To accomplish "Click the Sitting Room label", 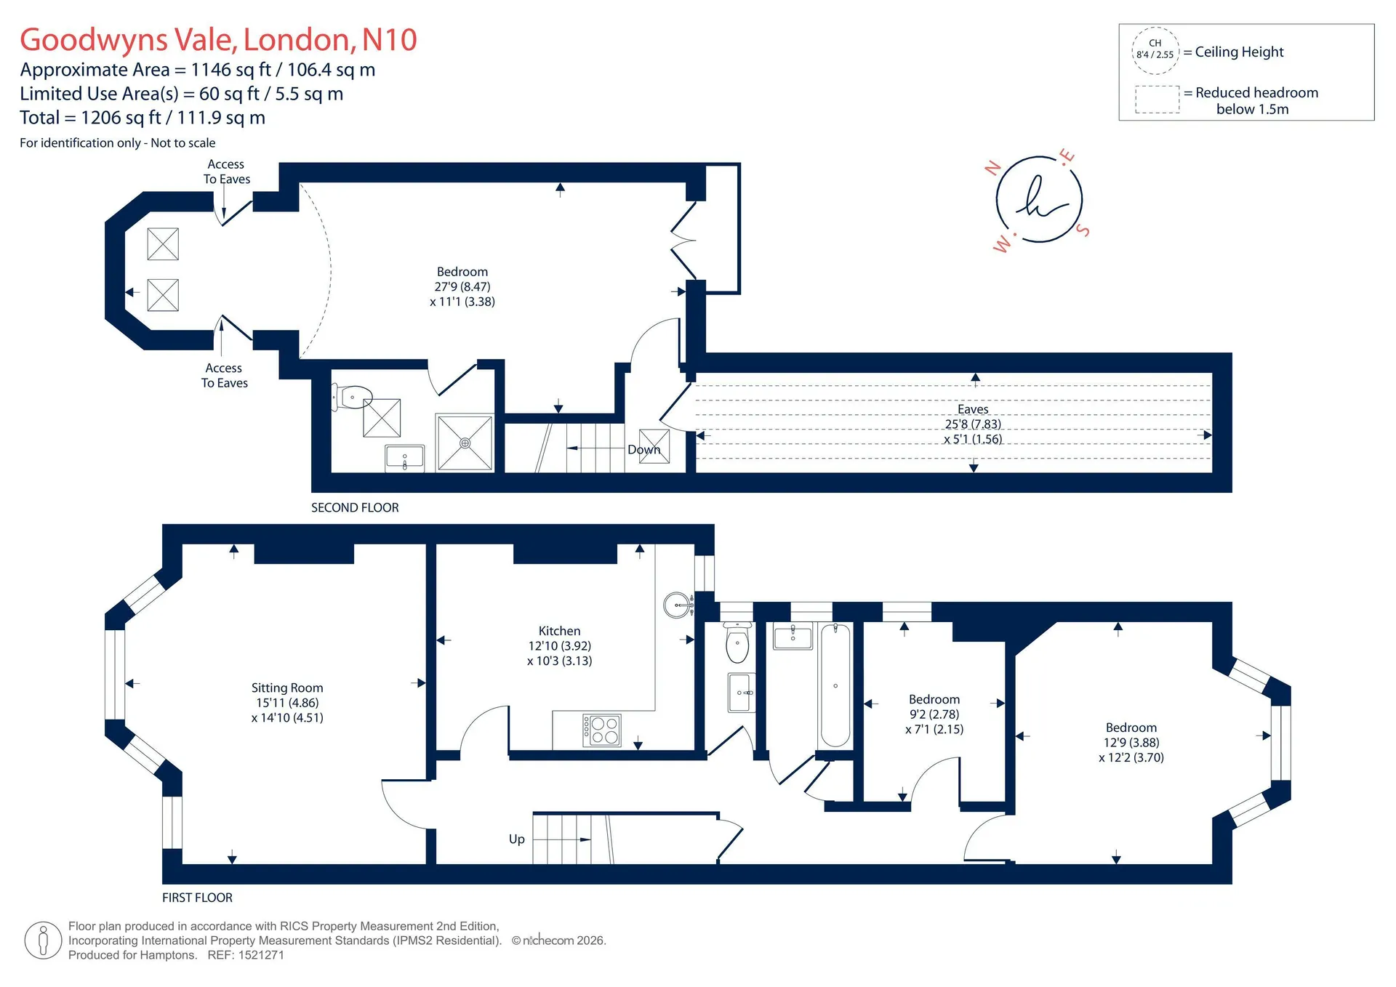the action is [x=287, y=688].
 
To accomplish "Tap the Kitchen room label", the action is [x=559, y=631].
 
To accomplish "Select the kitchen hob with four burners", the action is [x=602, y=730].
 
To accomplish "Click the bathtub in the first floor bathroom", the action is [x=835, y=685].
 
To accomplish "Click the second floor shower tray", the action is [x=465, y=443].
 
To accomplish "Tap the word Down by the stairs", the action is [x=644, y=450].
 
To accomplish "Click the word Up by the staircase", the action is [x=517, y=839].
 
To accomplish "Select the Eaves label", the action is [x=973, y=409].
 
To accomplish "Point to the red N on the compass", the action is [x=993, y=169].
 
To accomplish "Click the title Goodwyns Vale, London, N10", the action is [x=218, y=39].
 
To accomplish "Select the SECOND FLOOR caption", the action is [x=355, y=507].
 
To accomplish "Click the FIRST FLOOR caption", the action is [x=197, y=898].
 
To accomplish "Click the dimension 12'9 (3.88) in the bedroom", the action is [x=1131, y=743].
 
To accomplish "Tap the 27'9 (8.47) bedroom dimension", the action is [x=462, y=287].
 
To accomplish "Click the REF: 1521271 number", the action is [x=246, y=955].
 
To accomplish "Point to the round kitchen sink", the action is [x=678, y=605].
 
